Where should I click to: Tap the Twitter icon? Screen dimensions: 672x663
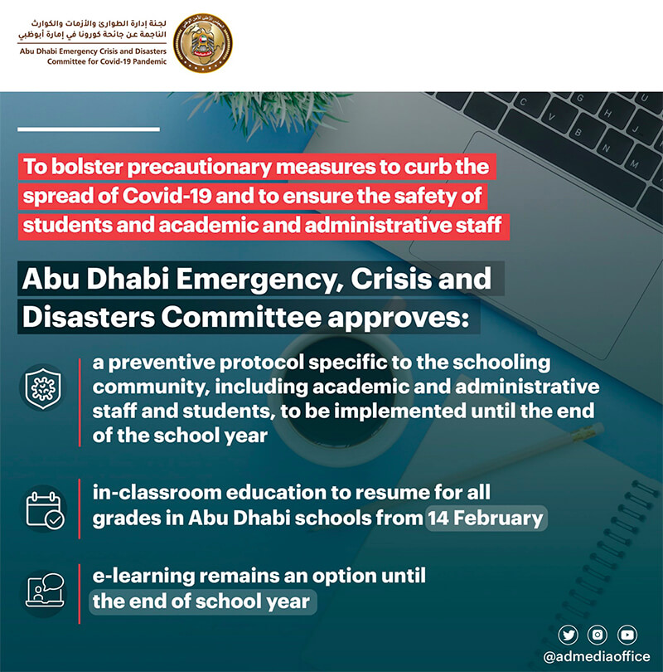568,635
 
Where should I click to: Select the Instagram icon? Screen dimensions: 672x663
598,635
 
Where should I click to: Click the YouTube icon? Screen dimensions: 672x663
627,635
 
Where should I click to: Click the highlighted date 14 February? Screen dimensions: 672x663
486,519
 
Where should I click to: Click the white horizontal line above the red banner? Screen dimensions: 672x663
88,129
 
